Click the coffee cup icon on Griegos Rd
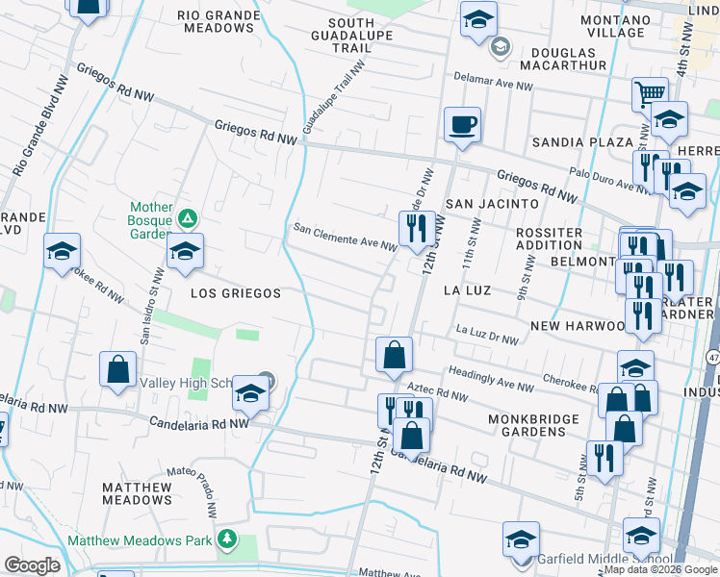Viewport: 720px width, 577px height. point(462,124)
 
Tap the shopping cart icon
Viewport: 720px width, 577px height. point(650,94)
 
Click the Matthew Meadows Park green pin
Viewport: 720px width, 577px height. point(227,539)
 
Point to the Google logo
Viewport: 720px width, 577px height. point(32,564)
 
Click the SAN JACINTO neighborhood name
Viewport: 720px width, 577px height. point(492,204)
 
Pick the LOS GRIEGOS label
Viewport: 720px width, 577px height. point(235,292)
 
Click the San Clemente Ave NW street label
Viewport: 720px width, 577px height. point(345,237)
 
